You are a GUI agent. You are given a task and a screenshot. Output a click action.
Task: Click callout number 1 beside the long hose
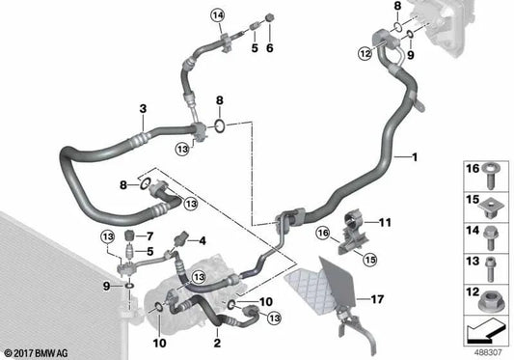click(x=417, y=157)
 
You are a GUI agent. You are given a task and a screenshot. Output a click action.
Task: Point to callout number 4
click(x=203, y=240)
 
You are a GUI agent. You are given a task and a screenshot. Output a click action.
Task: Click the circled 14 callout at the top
click(x=218, y=14)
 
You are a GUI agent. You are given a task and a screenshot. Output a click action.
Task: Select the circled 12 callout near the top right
click(x=365, y=54)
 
